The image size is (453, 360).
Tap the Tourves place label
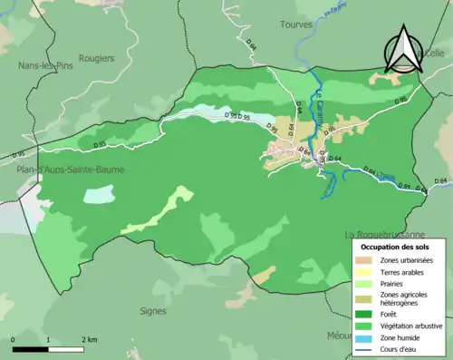point(296,24)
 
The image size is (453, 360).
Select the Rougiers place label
point(96,58)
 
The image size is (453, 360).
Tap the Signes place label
point(154,311)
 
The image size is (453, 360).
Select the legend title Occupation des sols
point(396,247)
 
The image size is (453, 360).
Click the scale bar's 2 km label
point(88,339)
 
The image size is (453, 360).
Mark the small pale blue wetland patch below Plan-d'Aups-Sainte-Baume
point(98,194)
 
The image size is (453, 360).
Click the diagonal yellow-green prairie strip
point(159,210)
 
